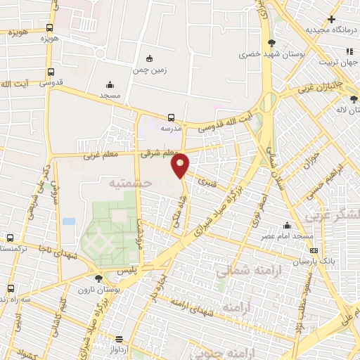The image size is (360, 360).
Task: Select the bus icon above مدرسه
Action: tap(172, 117)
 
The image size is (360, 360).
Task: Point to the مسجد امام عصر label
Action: tap(288, 236)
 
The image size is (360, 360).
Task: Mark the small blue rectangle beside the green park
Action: tap(68, 221)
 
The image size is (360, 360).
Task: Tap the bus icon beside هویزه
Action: tap(49, 28)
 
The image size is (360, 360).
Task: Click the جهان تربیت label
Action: tap(340, 63)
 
